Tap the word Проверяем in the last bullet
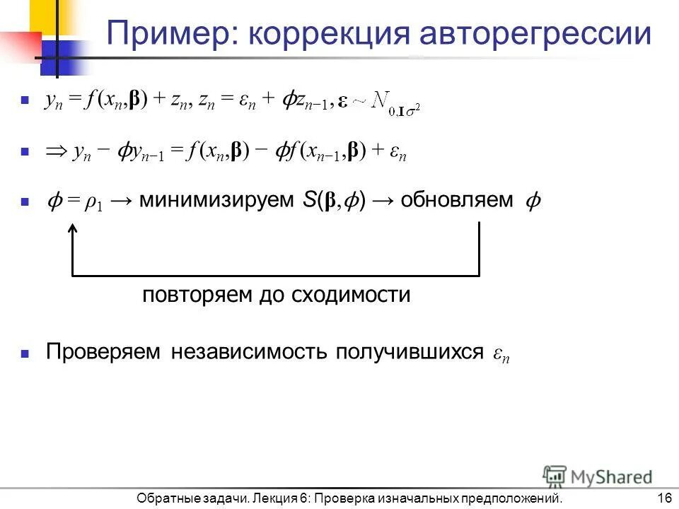(104, 352)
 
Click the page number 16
(663, 498)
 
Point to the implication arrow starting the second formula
(55, 152)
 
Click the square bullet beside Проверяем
(25, 353)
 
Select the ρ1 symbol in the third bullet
(93, 202)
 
